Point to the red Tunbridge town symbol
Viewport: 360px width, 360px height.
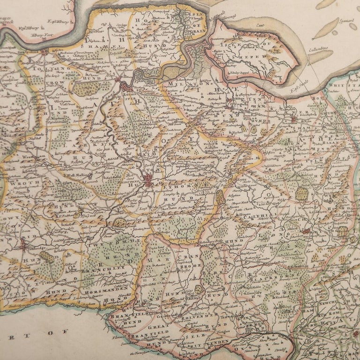(x=24, y=244)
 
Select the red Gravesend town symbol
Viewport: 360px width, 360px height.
(x=45, y=52)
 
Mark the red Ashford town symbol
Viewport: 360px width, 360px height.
(x=305, y=231)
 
